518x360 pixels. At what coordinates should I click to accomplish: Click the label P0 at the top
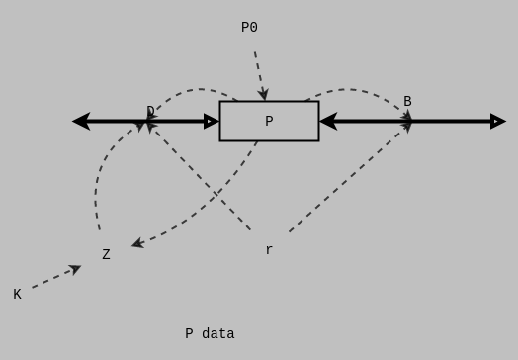[249, 28]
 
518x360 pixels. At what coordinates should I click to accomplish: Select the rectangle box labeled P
[269, 121]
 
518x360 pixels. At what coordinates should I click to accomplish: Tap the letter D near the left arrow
[150, 111]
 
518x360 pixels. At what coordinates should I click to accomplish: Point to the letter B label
[407, 101]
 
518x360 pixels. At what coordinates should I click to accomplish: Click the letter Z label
[106, 254]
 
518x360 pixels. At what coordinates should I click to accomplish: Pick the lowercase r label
[269, 250]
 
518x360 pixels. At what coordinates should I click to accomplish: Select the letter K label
[17, 294]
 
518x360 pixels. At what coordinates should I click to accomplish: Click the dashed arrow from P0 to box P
[259, 73]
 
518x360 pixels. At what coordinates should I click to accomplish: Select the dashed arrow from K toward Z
[53, 278]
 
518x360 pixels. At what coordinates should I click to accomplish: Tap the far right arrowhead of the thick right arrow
[497, 121]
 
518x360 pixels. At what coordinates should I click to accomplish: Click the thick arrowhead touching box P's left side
[212, 121]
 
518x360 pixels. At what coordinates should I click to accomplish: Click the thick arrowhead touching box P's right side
[328, 121]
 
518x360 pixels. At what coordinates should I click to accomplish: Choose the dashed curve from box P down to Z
[213, 198]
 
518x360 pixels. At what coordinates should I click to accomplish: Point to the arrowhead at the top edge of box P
[263, 95]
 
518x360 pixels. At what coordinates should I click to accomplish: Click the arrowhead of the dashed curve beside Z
[137, 243]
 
